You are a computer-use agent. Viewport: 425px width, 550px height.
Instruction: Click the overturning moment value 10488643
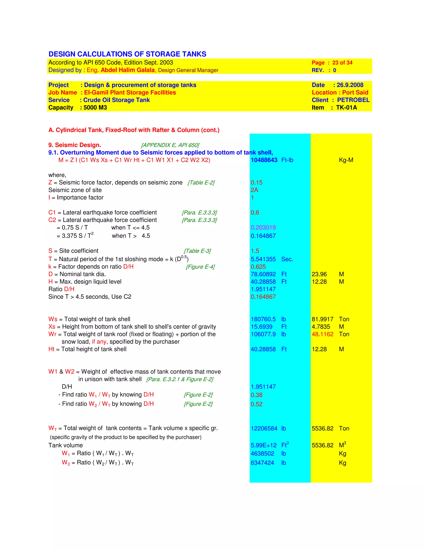point(264,160)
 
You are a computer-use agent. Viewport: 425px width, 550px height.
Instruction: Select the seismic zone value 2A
point(254,190)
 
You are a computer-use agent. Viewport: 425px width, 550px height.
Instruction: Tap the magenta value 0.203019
point(263,228)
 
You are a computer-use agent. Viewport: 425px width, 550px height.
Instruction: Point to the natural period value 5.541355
point(263,259)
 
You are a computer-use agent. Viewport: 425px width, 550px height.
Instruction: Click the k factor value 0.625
point(258,267)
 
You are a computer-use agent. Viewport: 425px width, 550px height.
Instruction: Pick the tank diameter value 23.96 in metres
point(319,274)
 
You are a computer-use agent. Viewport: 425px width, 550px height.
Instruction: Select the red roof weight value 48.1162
point(322,334)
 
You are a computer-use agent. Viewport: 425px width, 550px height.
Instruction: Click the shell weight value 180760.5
point(263,319)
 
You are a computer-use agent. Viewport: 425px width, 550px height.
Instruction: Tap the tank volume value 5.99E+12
point(264,445)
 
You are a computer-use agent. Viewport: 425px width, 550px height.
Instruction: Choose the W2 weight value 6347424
point(262,463)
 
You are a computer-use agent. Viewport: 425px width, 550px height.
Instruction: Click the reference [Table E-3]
point(197,251)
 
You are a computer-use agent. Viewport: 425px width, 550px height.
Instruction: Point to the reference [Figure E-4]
point(200,267)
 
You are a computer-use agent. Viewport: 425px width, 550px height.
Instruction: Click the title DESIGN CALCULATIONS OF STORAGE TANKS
point(127,54)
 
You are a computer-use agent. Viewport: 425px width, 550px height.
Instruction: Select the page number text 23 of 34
point(342,63)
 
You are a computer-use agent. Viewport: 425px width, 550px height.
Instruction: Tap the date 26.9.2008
point(350,85)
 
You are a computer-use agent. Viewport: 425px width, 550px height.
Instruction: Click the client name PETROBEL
point(353,100)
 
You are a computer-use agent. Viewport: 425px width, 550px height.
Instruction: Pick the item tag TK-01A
point(346,108)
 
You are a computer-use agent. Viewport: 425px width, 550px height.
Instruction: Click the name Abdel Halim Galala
point(128,70)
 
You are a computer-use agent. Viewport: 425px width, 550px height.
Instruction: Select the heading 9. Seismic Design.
point(74,145)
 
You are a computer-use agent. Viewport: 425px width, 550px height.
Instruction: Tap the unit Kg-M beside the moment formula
point(346,160)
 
